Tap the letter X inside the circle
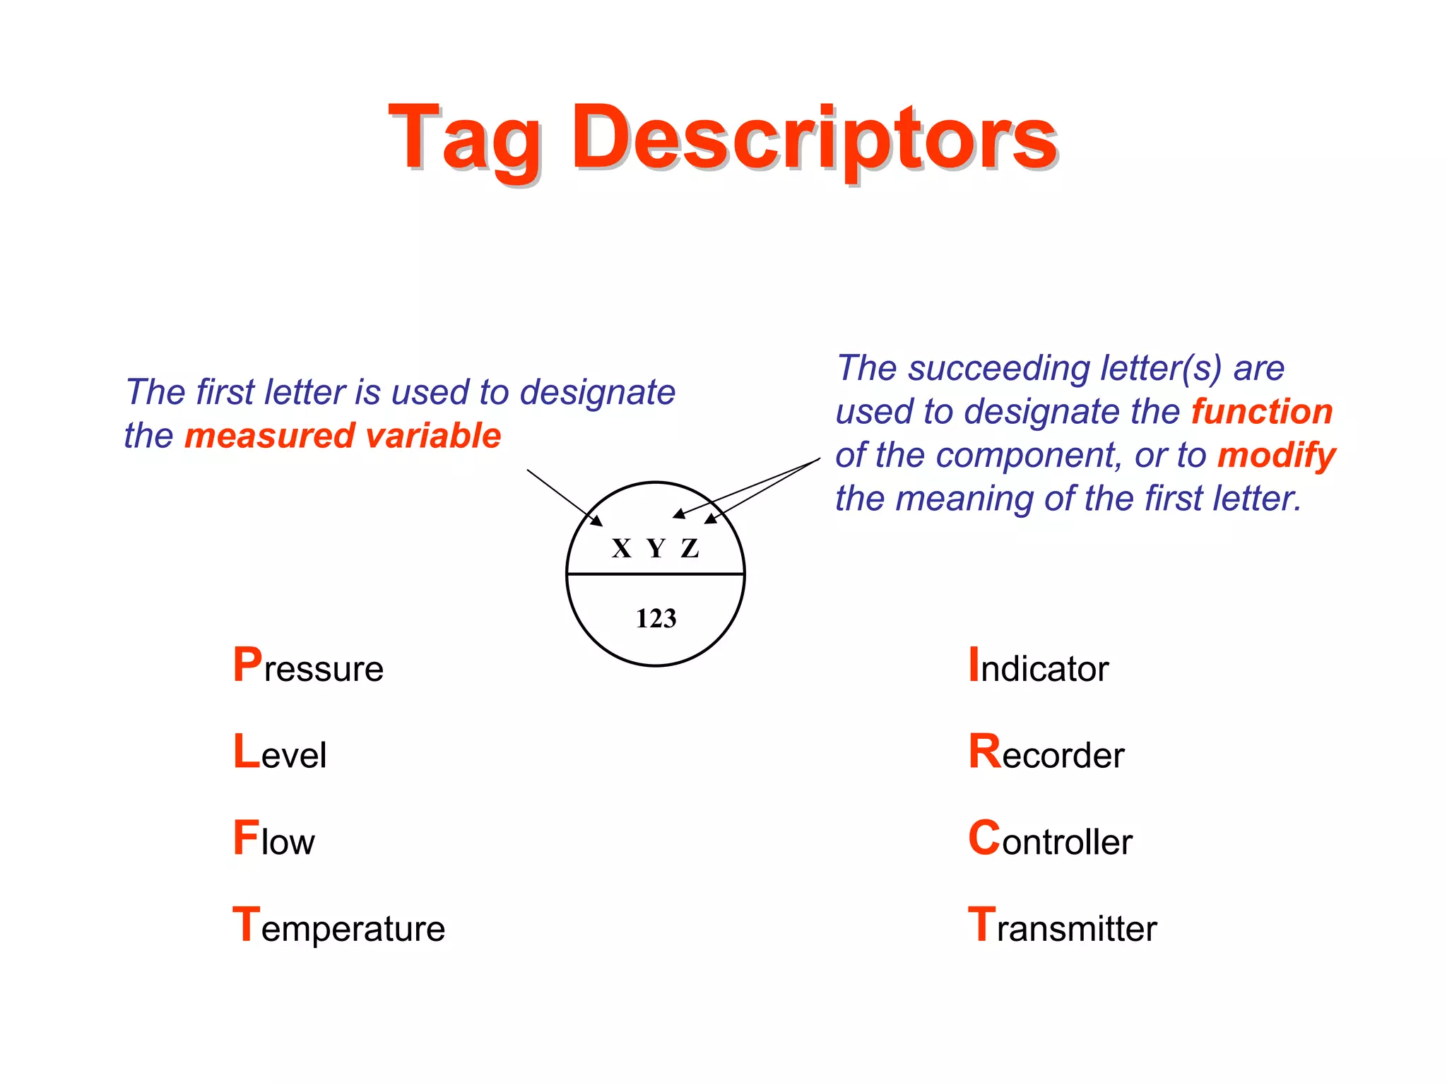tap(621, 549)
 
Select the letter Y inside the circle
tap(656, 549)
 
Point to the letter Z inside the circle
tap(690, 549)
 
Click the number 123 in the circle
tap(656, 619)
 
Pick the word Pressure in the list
tap(308, 667)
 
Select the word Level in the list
tap(280, 753)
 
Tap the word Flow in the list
tap(274, 840)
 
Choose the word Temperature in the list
tap(339, 927)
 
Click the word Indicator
tap(1039, 667)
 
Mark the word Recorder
tap(1046, 753)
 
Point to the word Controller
tap(1051, 840)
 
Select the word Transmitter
tap(1063, 927)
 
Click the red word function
tap(1262, 412)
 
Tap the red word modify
tap(1276, 456)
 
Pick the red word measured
tap(268, 436)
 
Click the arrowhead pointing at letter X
tap(598, 521)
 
